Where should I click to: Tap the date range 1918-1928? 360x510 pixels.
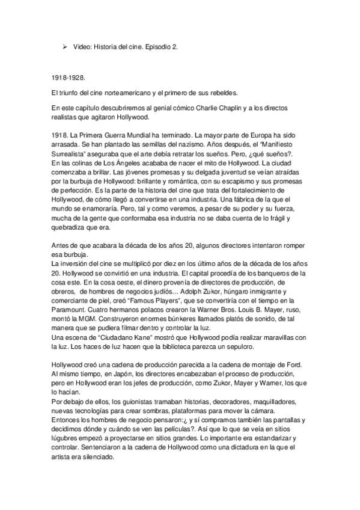click(x=68, y=78)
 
